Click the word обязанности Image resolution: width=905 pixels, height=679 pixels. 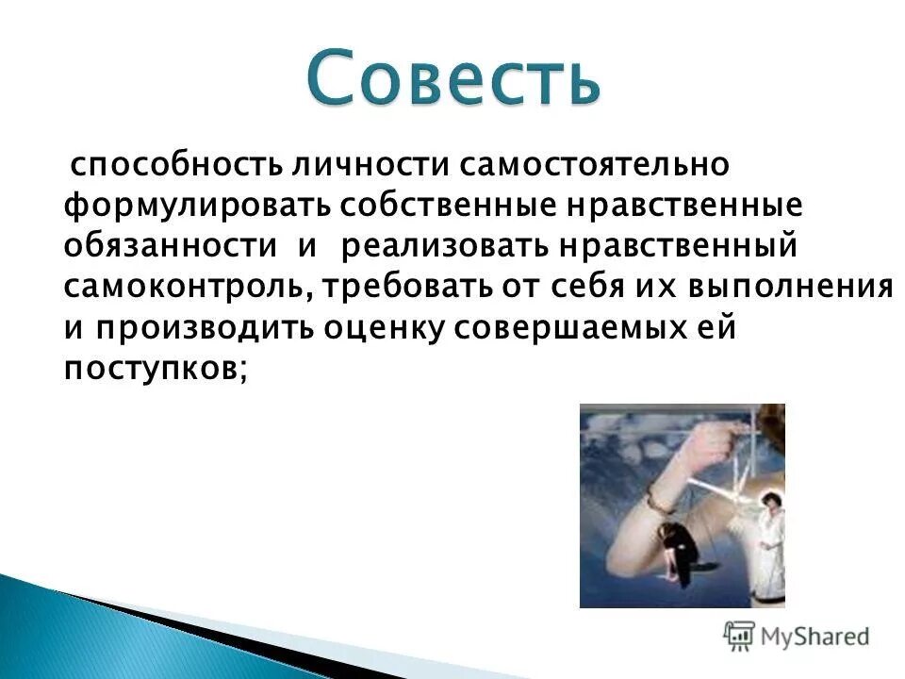click(x=171, y=246)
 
